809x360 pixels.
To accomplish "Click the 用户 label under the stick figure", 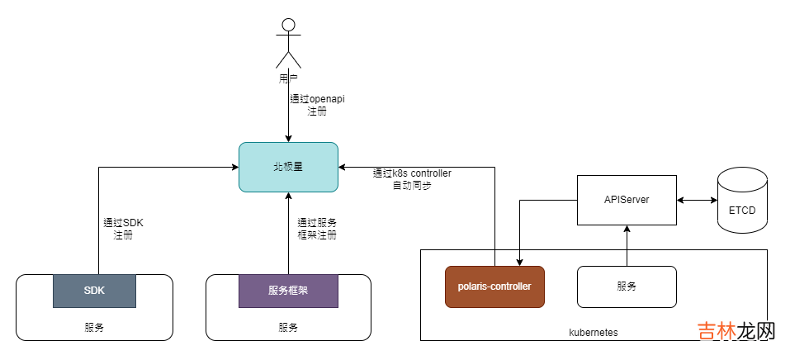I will point(288,79).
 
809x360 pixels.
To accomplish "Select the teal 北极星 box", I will point(288,167).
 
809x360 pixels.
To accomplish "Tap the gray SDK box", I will point(94,291).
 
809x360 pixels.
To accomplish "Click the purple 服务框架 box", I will point(288,291).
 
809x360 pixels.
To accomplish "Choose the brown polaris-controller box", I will point(494,287).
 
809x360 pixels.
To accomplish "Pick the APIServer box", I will point(627,200).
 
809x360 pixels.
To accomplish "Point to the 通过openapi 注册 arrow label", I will point(317,105).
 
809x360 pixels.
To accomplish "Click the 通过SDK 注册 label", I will point(123,229).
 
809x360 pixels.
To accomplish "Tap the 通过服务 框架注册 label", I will point(317,229).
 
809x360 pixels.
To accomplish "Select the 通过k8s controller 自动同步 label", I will point(412,179).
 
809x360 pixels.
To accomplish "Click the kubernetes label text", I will point(594,332).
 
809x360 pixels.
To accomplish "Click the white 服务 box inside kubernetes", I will point(627,287).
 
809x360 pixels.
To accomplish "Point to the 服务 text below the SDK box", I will point(94,328).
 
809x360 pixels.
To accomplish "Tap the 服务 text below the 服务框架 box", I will point(288,328).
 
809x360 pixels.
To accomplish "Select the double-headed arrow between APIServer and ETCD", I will point(697,200).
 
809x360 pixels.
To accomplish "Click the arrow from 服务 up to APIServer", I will point(627,245).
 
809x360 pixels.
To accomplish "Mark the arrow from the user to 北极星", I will point(288,116).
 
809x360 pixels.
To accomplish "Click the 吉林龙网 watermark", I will point(736,333).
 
